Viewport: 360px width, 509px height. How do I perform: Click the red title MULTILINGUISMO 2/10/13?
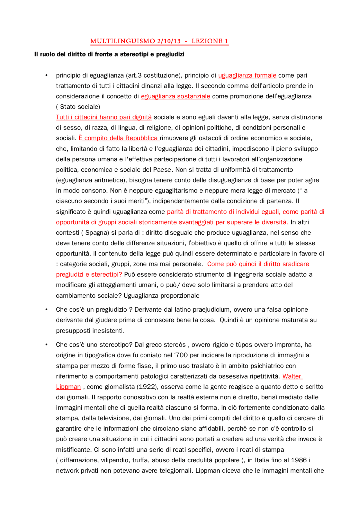pyautogui.click(x=135, y=41)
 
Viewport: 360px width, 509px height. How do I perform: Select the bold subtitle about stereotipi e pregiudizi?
pyautogui.click(x=109, y=54)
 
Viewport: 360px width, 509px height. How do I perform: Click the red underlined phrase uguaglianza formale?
pyautogui.click(x=247, y=75)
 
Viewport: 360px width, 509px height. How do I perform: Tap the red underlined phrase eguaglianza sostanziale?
pyautogui.click(x=175, y=96)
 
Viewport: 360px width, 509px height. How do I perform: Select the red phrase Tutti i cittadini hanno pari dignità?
pyautogui.click(x=104, y=117)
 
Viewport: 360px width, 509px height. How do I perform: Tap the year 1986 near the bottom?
pyautogui.click(x=299, y=460)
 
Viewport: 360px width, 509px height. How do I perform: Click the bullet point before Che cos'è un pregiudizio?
pyautogui.click(x=46, y=310)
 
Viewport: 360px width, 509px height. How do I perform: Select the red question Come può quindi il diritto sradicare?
pyautogui.click(x=258, y=264)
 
